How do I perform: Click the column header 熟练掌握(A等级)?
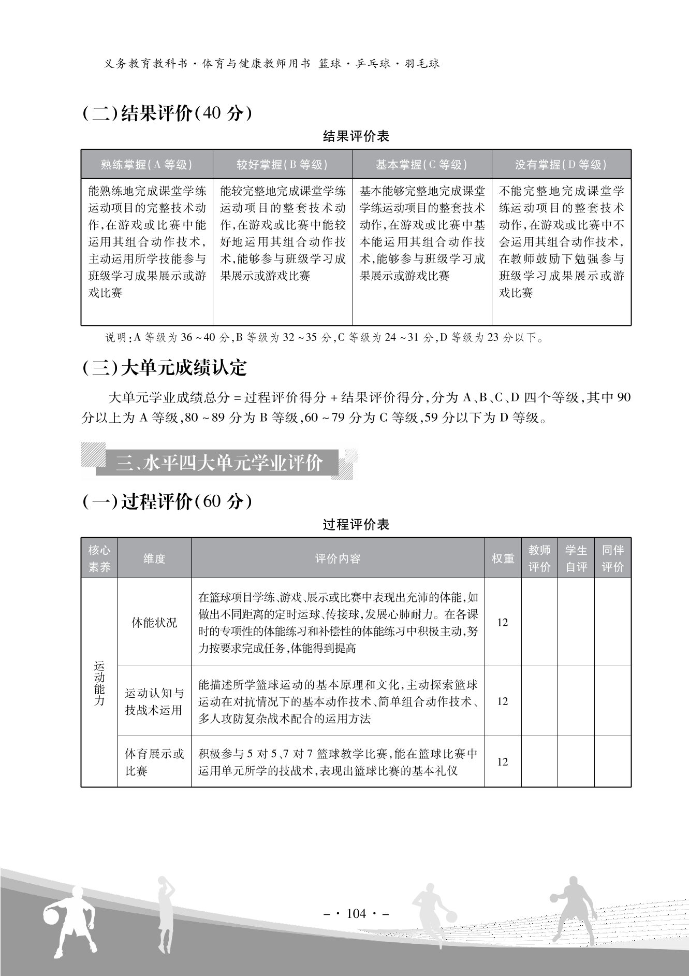click(146, 165)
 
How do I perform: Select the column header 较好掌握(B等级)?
click(282, 165)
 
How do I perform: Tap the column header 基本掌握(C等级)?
click(421, 165)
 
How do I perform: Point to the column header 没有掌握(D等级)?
click(561, 165)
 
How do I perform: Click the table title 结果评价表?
click(356, 137)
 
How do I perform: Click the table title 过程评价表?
click(356, 525)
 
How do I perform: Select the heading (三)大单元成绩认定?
click(165, 368)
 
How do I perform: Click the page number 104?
click(356, 913)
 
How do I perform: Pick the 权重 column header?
click(503, 558)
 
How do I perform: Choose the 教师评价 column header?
click(539, 558)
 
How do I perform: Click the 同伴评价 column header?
click(612, 558)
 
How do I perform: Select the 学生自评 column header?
click(576, 558)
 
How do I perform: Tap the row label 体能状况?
click(154, 622)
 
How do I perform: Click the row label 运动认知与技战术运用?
click(154, 701)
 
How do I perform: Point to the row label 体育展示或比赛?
click(154, 762)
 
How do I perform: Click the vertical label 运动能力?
click(99, 683)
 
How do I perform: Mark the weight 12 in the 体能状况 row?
click(503, 622)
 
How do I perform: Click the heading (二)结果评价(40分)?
click(167, 113)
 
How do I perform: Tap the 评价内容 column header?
click(338, 558)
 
